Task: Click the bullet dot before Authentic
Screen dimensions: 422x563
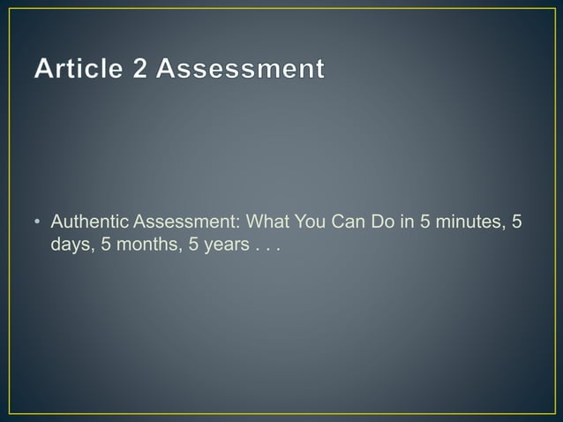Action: [40, 222]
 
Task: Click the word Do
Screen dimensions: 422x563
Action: [383, 221]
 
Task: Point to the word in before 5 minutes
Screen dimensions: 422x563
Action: [408, 221]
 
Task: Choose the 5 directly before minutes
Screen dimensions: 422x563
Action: [426, 221]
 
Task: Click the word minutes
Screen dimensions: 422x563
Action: [469, 221]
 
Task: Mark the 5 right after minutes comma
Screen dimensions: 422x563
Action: [517, 221]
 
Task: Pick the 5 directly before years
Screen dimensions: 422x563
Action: [186, 244]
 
